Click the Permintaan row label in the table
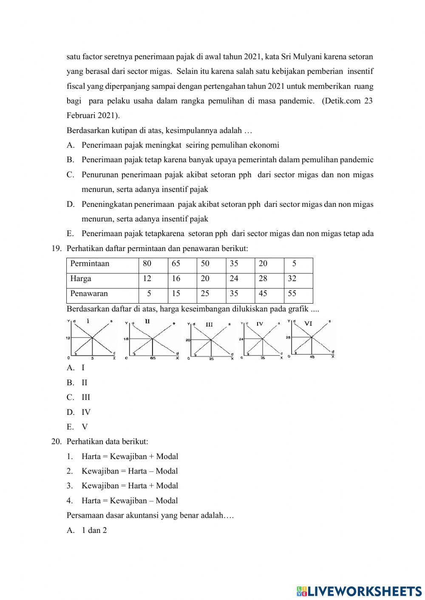tap(90, 264)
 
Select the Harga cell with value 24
tap(234, 279)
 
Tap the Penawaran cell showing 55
tap(292, 294)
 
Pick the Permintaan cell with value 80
tap(147, 264)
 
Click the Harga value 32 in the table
tap(292, 279)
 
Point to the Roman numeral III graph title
tap(209, 324)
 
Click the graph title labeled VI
tap(308, 324)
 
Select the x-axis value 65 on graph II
tap(153, 358)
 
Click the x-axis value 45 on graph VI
tap(312, 357)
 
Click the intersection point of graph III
tap(211, 340)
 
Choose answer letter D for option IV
tap(71, 412)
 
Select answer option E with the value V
tap(71, 427)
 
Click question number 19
tap(57, 249)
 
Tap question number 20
tap(57, 442)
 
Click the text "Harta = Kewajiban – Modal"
tap(130, 501)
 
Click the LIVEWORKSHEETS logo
tap(359, 591)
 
